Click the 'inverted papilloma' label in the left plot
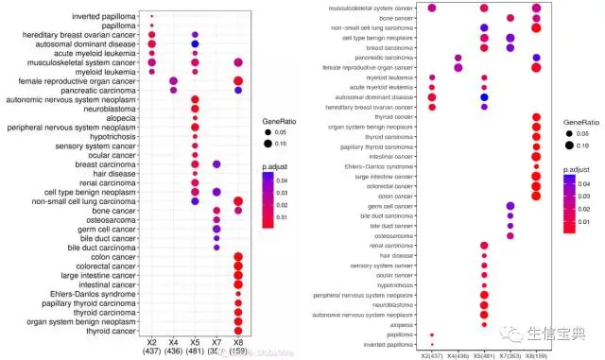[x=97, y=15]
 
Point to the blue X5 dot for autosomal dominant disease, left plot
[x=194, y=44]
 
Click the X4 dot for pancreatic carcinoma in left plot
[x=173, y=91]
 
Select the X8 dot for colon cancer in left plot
[x=238, y=256]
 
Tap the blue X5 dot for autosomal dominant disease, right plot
[x=484, y=96]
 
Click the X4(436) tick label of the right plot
[x=458, y=354]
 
